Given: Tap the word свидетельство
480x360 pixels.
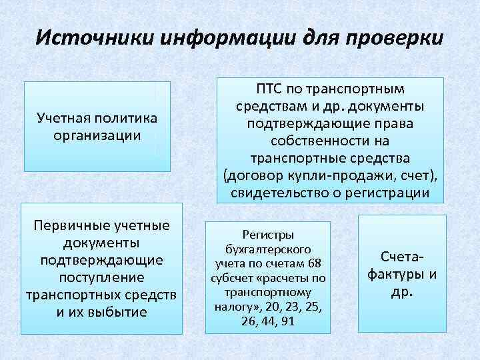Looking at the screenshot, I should point(279,193).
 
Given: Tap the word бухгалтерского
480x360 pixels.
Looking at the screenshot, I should point(268,249).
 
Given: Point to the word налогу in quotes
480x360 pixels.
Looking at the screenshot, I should point(237,307).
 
